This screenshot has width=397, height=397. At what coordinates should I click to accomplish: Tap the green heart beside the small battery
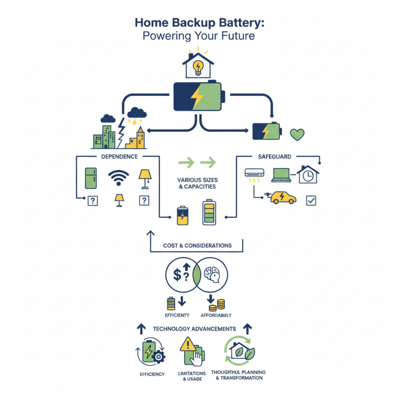pos(297,134)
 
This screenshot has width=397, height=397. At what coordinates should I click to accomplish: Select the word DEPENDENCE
pos(119,156)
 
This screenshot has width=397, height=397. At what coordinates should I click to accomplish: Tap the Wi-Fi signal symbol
pos(119,178)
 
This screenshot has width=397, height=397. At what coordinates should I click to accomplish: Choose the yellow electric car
pos(283,198)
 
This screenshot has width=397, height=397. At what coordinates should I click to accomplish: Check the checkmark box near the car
pos(311,200)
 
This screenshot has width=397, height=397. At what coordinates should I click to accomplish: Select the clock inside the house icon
pos(308,176)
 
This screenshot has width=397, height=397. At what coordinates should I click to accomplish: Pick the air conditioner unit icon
pos(255,173)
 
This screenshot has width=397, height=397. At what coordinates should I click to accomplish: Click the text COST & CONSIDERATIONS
pos(197,246)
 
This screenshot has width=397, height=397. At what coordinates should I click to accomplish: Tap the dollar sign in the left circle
pos(177,273)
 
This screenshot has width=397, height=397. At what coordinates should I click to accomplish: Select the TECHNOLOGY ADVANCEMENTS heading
pos(194,329)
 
